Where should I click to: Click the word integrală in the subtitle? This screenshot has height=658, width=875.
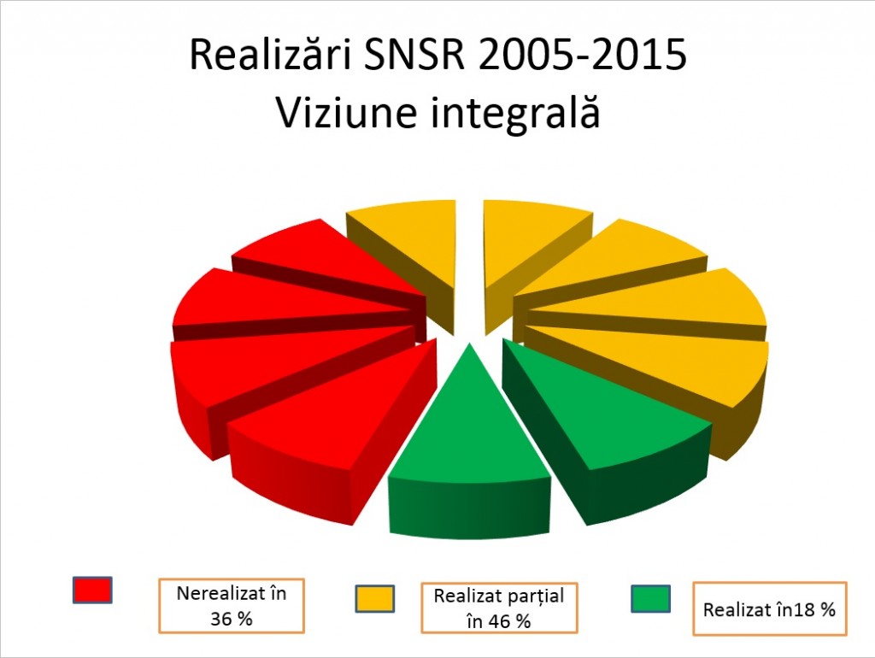tap(515, 113)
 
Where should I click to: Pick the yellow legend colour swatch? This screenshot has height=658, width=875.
tap(374, 598)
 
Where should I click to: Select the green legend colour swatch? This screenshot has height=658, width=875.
tap(651, 598)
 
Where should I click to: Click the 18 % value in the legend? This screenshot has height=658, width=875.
tap(812, 610)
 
